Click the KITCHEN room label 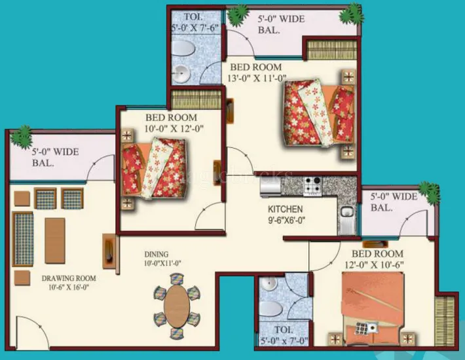[285, 209]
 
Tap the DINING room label [157, 254]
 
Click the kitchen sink [346, 213]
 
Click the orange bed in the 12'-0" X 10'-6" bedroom [374, 306]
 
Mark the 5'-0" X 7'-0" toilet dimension [284, 340]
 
